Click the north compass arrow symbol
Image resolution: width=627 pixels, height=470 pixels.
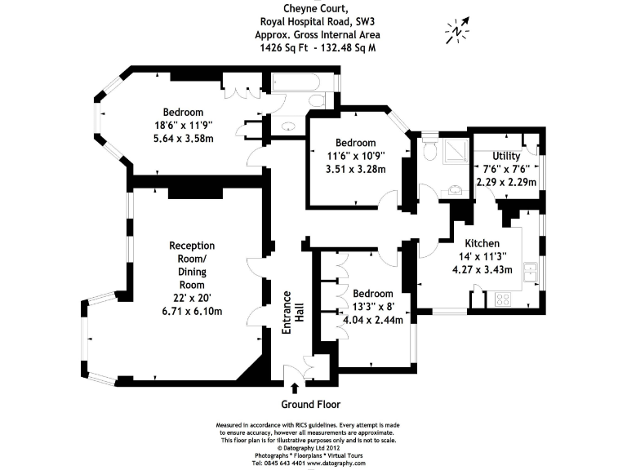coord(458,30)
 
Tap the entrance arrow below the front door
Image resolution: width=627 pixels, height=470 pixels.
coord(294,388)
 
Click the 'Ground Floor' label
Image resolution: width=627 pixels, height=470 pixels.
coord(311,404)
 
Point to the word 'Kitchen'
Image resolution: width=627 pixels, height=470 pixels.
coord(482,243)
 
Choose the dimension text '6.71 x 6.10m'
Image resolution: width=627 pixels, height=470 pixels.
coord(192,311)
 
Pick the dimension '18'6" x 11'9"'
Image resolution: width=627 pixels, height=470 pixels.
coord(183,125)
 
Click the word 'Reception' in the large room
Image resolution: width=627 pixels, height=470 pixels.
coord(192,246)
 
